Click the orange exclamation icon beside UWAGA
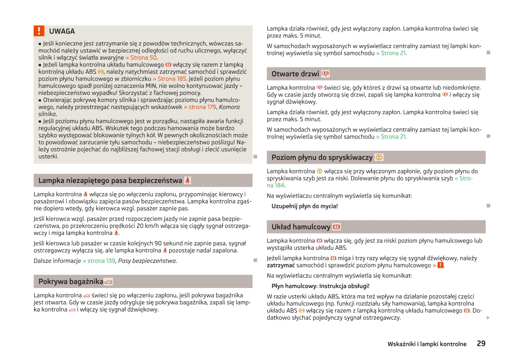tap(39, 31)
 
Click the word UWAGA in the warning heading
tap(62, 31)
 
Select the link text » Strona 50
tap(141, 57)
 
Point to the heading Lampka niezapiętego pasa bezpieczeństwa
tap(110, 180)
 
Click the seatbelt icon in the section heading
tap(188, 180)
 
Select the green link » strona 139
tap(99, 261)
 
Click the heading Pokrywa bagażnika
tap(71, 282)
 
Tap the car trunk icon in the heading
tap(108, 282)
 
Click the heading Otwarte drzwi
tap(295, 74)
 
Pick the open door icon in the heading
tap(325, 74)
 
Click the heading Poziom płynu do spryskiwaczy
tap(322, 157)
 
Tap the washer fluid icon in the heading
tap(379, 157)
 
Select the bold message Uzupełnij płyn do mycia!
tap(304, 206)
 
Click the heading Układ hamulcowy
tap(301, 227)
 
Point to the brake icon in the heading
tap(337, 227)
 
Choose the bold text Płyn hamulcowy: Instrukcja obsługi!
tap(320, 286)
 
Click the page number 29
tap(481, 343)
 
